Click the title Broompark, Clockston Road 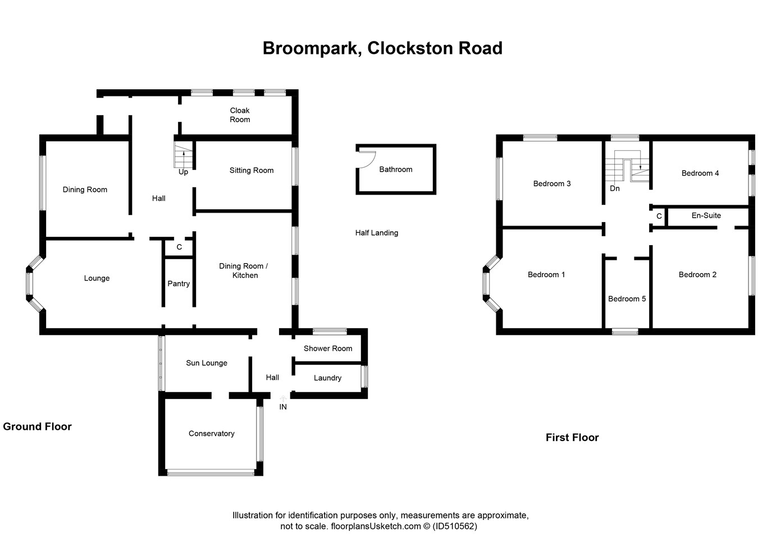click(382, 48)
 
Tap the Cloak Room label click(240, 115)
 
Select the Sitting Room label click(252, 171)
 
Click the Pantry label click(179, 284)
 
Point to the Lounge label click(97, 278)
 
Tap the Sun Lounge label click(207, 363)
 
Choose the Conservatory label click(211, 434)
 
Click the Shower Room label click(328, 348)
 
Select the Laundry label click(327, 378)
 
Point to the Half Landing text click(376, 233)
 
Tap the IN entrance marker click(283, 407)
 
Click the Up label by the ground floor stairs click(183, 172)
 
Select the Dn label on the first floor click(615, 189)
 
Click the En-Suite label click(706, 215)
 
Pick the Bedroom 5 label click(627, 299)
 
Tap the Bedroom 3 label click(552, 184)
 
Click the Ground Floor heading click(37, 426)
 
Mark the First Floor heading click(572, 438)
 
